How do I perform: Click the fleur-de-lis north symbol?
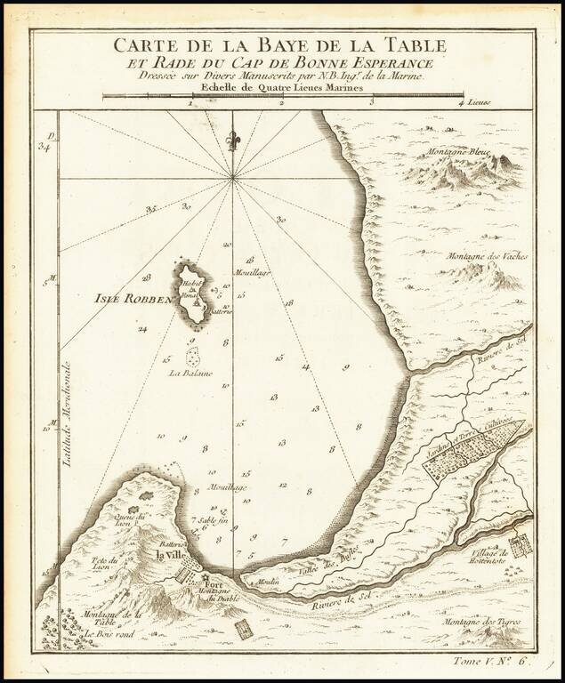coord(233,141)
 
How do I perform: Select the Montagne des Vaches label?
coord(488,256)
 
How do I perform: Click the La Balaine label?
coord(190,374)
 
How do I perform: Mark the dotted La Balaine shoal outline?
coord(191,357)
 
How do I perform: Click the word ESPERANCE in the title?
coord(390,64)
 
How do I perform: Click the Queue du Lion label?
coord(130,518)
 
